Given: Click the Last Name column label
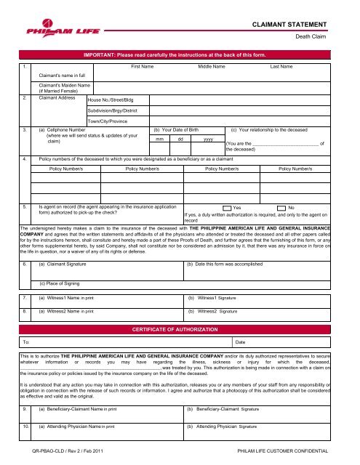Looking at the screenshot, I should (281, 66).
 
